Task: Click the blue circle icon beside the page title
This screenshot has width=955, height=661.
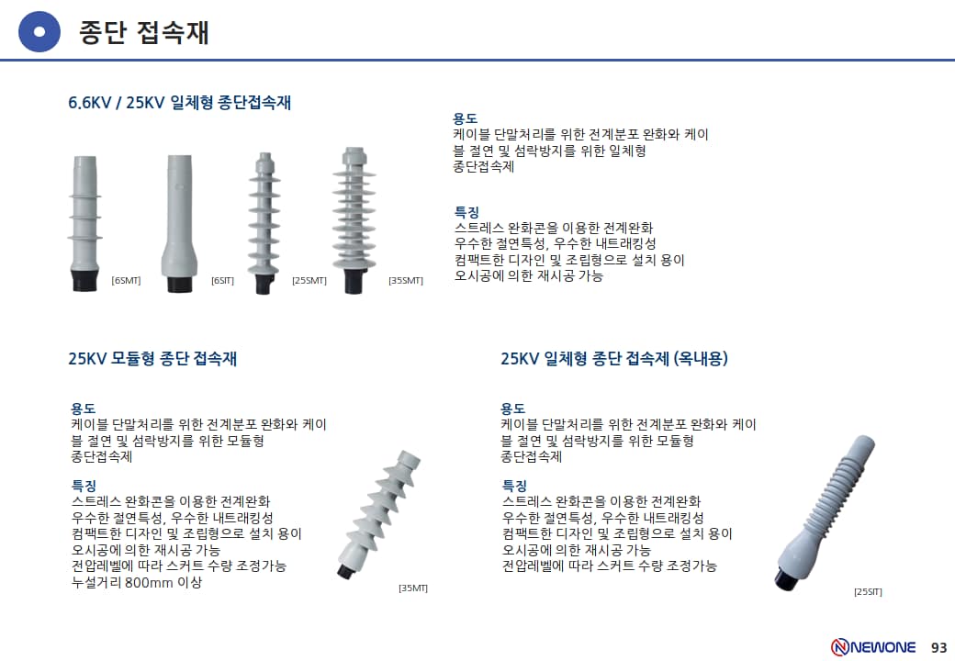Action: [39, 31]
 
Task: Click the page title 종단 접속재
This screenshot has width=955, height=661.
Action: [144, 32]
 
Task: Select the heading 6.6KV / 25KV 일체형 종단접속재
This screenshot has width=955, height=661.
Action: [180, 102]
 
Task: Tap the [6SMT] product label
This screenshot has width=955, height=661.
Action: [126, 281]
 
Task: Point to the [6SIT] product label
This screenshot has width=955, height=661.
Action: [222, 281]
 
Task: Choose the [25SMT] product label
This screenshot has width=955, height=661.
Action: [309, 281]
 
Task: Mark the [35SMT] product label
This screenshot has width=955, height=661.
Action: [406, 281]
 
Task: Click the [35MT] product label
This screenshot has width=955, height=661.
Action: [413, 588]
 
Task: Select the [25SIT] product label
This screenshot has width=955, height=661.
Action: [868, 591]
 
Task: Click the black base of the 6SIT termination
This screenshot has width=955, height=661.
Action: [180, 283]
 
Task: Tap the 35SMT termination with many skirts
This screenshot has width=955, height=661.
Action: [354, 220]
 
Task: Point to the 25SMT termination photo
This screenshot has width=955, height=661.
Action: [264, 223]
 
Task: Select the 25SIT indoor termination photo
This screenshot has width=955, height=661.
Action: [826, 512]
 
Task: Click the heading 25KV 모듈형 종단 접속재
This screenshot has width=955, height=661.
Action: [152, 358]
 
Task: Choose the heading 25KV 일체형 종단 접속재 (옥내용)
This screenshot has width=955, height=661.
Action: [614, 358]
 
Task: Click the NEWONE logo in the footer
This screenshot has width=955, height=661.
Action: [873, 646]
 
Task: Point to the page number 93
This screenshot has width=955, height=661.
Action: [939, 647]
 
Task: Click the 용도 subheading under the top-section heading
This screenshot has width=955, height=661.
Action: [465, 118]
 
